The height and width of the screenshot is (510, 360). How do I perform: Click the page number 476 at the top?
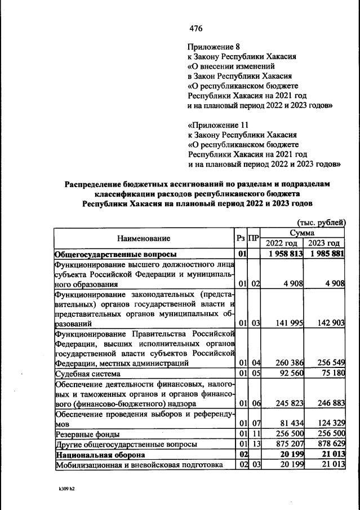[195, 29]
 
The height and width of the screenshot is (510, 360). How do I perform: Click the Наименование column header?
[144, 238]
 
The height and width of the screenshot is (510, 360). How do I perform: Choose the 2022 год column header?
[282, 243]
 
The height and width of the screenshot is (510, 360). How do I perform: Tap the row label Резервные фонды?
[83, 433]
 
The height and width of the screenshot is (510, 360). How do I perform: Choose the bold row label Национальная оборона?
[100, 454]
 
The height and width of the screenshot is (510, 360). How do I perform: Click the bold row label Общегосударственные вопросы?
[115, 254]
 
